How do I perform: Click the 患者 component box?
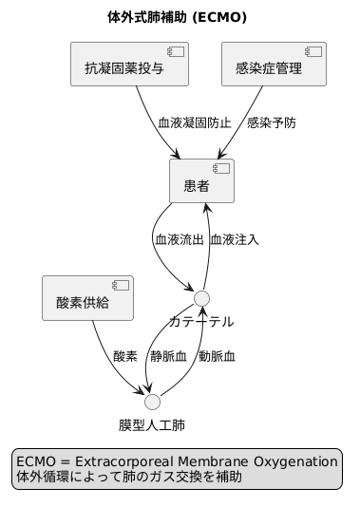[201, 181]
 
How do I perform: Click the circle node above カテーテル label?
[201, 298]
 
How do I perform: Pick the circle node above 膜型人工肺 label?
[152, 401]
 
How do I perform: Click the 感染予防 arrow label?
[271, 123]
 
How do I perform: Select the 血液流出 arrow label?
[180, 240]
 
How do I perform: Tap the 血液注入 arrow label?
[235, 240]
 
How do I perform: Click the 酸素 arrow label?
[125, 357]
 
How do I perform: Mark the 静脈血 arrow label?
[168, 357]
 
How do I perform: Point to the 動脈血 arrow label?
[217, 357]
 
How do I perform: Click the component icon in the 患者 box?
[222, 169]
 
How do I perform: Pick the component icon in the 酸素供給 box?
[121, 286]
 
